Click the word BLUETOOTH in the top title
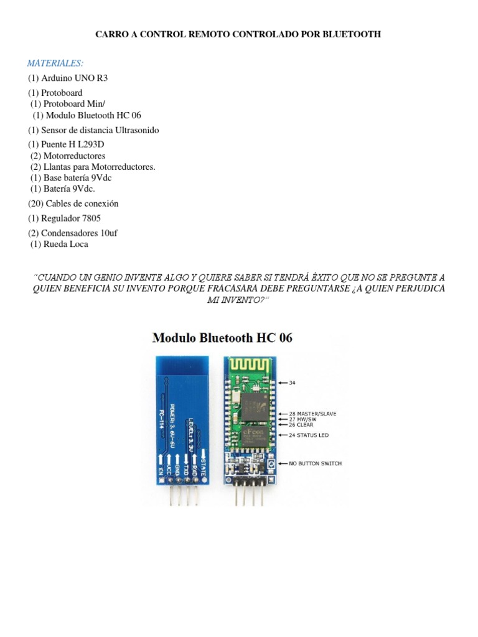coord(352,35)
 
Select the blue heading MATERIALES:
coord(55,63)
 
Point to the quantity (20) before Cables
coord(37,203)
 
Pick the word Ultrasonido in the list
coord(135,130)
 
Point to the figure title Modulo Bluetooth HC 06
coord(222,338)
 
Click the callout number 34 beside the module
coord(292,383)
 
